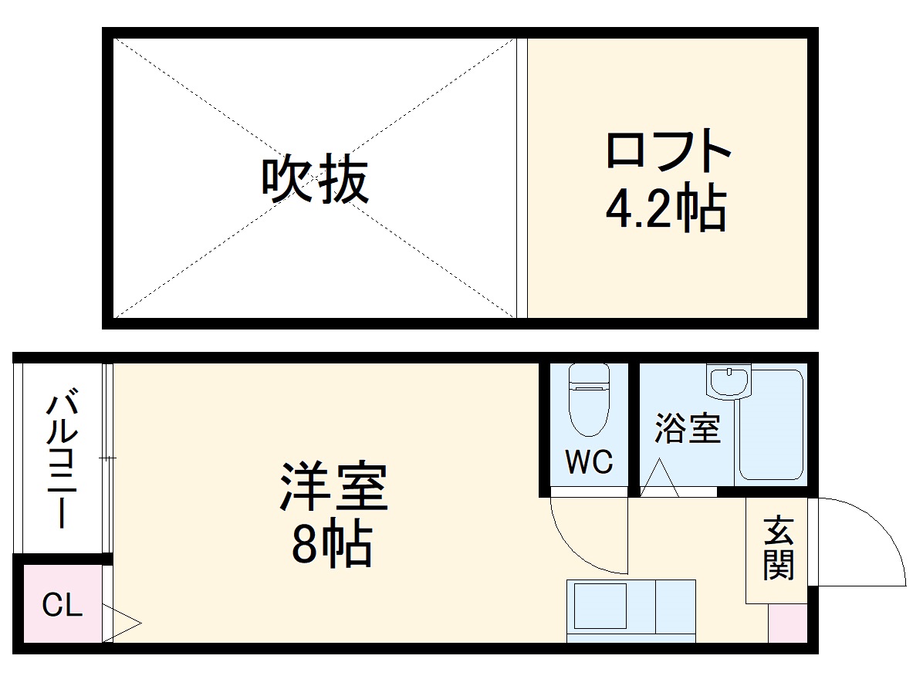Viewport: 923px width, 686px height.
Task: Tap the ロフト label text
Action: point(668,151)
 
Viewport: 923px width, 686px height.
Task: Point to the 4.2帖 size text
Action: point(665,208)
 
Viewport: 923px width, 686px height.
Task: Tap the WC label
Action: point(588,462)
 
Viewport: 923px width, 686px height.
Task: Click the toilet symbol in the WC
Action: point(588,399)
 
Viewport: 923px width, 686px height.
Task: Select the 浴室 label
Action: point(687,429)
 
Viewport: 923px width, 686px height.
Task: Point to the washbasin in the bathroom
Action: point(728,382)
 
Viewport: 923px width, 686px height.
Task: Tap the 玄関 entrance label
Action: point(778,549)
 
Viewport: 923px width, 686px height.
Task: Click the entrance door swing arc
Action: point(872,532)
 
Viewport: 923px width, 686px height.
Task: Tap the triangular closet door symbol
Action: point(121,622)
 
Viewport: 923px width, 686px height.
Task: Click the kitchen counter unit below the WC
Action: point(631,610)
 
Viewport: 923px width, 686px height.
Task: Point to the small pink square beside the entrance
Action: point(787,623)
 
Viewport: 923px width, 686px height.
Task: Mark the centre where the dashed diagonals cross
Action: point(315,178)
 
